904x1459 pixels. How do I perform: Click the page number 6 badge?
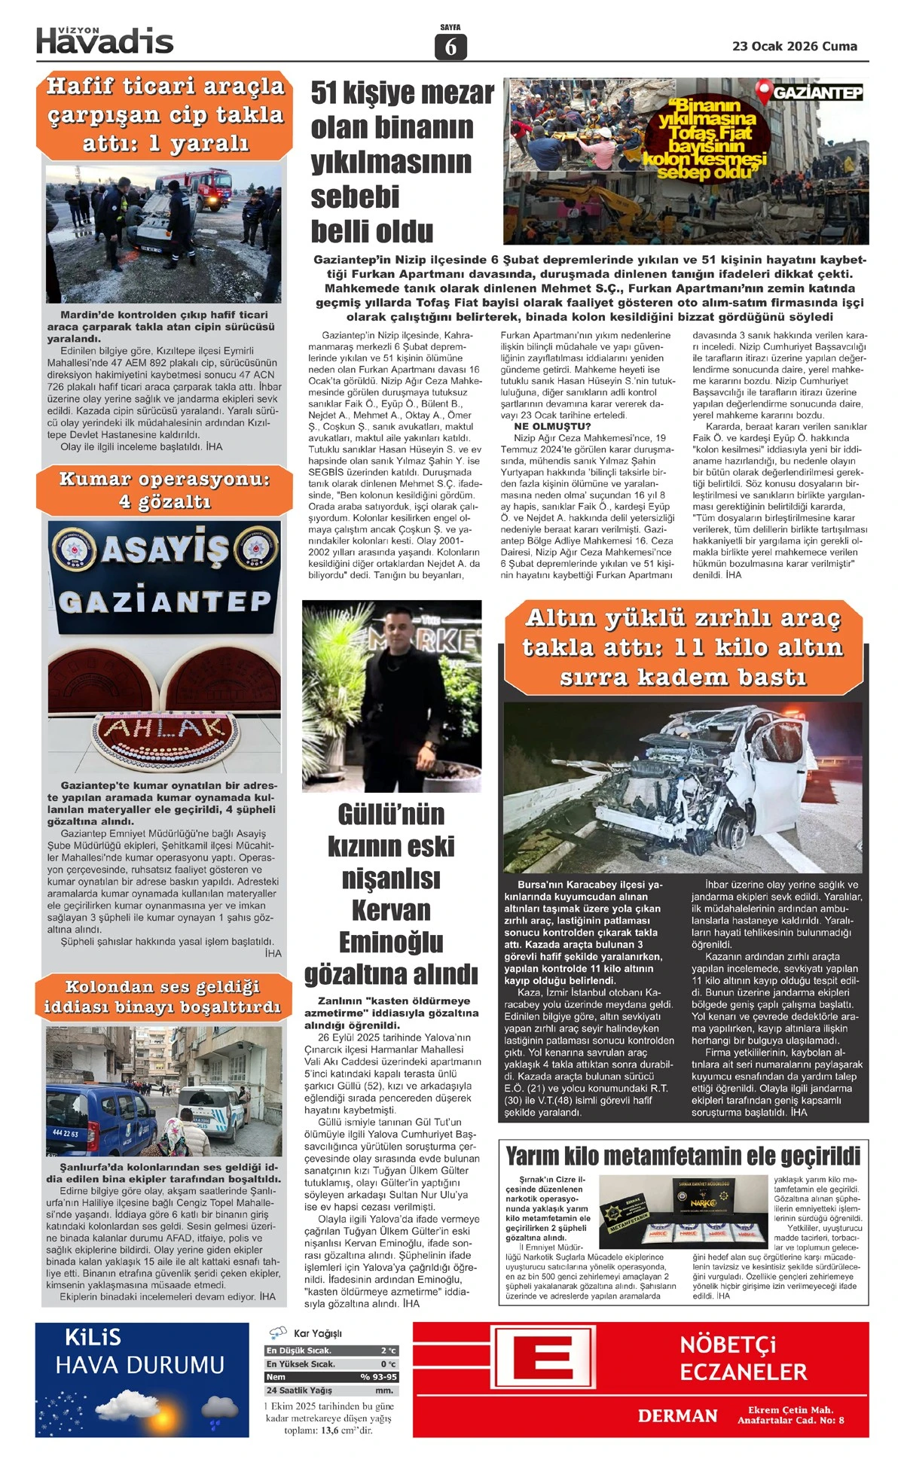pos(450,47)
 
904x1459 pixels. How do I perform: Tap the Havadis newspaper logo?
pos(105,41)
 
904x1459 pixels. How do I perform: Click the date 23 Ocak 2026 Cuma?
pos(794,46)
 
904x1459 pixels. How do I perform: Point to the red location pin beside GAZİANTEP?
pos(764,93)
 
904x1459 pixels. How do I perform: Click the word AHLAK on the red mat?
pos(164,728)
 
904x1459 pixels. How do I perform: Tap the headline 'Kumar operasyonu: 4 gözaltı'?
pos(164,490)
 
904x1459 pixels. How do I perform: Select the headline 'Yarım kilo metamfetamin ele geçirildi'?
pos(683,1156)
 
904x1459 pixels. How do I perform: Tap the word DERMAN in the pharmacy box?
pos(677,1415)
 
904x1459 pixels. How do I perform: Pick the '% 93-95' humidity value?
pos(378,1377)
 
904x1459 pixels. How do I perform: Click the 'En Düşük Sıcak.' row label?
pos(299,1351)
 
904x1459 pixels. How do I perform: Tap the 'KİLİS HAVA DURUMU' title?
pos(140,1352)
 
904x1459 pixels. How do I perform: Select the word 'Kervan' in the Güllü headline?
pos(391,910)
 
